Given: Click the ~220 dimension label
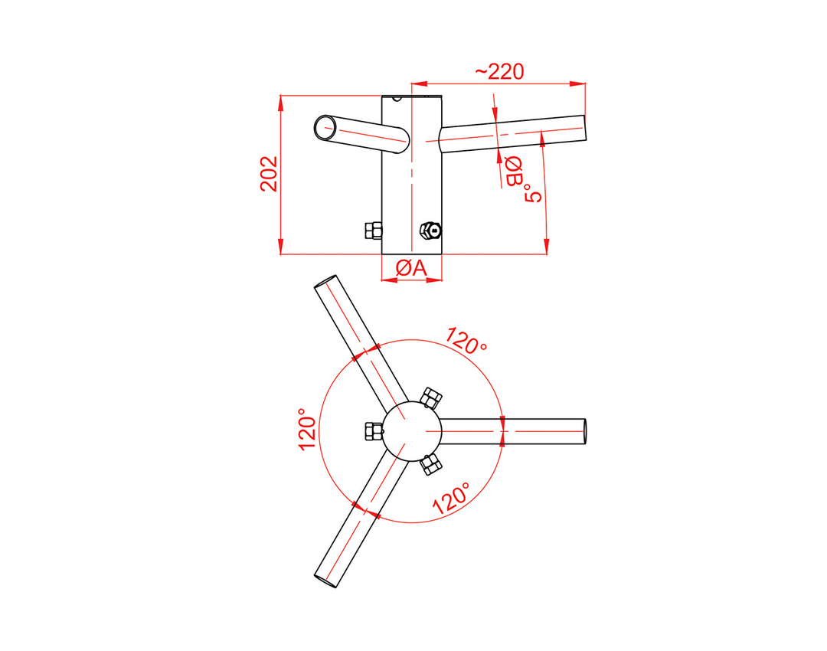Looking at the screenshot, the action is [499, 72].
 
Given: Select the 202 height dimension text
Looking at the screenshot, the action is [269, 174].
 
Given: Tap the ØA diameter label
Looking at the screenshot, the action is [411, 269].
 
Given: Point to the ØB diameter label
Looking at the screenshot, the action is [513, 172].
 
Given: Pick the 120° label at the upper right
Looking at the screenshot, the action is [466, 341].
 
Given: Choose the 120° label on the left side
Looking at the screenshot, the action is [308, 429].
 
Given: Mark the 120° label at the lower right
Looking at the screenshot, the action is [452, 498].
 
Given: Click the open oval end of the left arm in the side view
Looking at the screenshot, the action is [325, 127].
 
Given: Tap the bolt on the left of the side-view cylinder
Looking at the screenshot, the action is [374, 231].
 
